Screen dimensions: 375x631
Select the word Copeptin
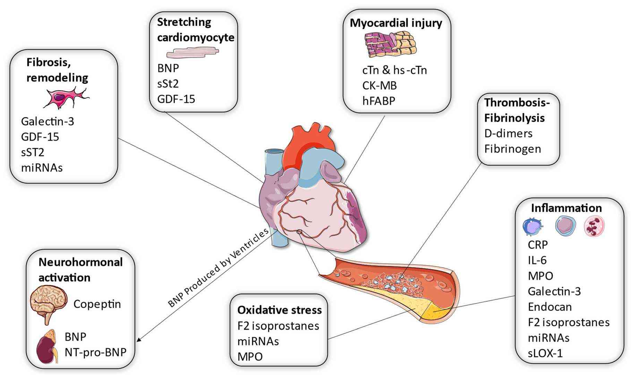point(97,304)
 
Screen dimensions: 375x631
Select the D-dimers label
point(508,133)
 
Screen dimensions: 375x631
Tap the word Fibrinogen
point(512,149)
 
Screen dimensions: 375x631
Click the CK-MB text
point(379,85)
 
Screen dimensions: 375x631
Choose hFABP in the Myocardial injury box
point(378,101)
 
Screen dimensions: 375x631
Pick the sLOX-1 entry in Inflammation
point(545,353)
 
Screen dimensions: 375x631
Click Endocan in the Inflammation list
point(549,307)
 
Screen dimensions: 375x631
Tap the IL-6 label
point(537,260)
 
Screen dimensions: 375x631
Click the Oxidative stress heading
point(279,310)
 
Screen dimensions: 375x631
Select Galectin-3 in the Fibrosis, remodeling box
point(48,122)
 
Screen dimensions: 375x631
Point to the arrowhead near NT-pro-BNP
point(140,340)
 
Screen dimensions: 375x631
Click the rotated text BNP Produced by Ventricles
point(219,268)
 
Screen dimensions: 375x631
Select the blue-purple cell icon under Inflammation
point(531,227)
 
